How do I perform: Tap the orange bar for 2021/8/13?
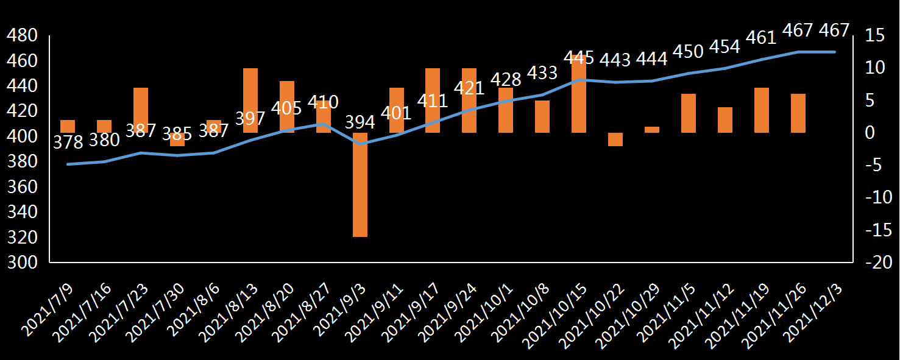tap(250, 101)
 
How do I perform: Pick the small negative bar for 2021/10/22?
tap(615, 139)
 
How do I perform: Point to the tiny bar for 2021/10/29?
tap(652, 130)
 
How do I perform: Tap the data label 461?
tap(761, 38)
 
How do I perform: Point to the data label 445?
tap(579, 58)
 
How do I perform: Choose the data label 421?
tap(469, 88)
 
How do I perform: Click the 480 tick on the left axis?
tap(21, 37)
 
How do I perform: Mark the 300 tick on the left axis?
tap(21, 263)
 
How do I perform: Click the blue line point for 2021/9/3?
tap(360, 144)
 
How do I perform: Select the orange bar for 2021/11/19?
tap(762, 110)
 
